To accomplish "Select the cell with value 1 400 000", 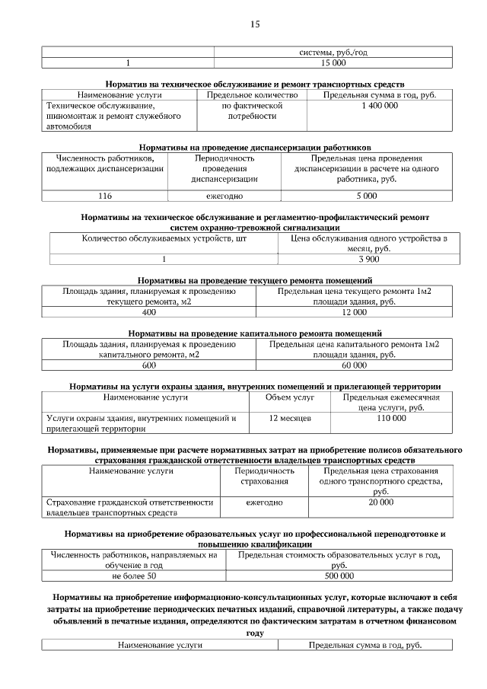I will (379, 107).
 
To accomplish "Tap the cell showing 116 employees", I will (105, 196).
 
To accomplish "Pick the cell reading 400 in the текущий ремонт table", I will (148, 312).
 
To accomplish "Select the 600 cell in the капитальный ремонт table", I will (148, 365).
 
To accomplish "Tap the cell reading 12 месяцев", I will (291, 419).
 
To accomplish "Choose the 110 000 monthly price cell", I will (391, 419).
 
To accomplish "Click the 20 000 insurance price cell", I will (381, 503).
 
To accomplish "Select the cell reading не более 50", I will (133, 576).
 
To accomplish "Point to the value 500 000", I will (339, 576).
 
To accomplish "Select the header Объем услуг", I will (290, 397).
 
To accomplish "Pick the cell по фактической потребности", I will (252, 112).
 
